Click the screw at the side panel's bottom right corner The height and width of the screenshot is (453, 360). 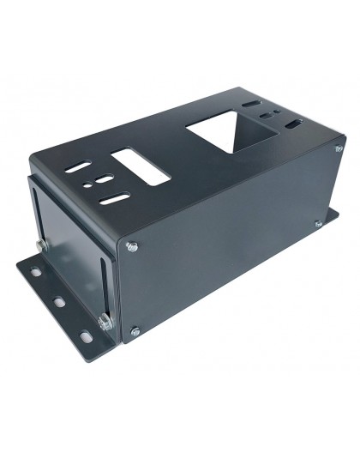point(318,224)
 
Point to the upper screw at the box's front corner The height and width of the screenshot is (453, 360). point(129,248)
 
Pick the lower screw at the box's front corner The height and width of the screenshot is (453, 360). point(134,329)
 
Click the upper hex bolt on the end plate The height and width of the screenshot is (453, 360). point(39,245)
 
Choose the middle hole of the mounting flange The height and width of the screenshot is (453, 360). point(58,302)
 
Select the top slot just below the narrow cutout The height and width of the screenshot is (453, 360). point(114,197)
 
